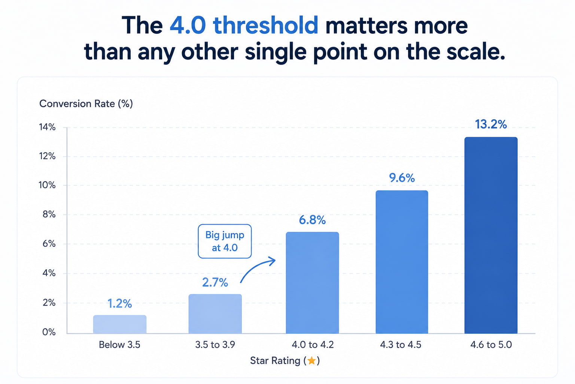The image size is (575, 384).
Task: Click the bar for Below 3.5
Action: pyautogui.click(x=120, y=324)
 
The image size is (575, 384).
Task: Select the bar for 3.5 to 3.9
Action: pyautogui.click(x=215, y=314)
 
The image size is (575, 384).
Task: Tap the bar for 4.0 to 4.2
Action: pyautogui.click(x=313, y=283)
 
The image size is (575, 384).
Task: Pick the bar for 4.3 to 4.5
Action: pyautogui.click(x=402, y=262)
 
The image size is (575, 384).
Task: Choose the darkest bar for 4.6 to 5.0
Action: pyautogui.click(x=491, y=235)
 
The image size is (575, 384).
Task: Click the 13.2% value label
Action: pyautogui.click(x=491, y=124)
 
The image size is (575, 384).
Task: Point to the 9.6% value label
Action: pyautogui.click(x=402, y=178)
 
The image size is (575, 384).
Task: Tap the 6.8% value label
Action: pyautogui.click(x=312, y=220)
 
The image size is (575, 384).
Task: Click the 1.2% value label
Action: pyautogui.click(x=120, y=303)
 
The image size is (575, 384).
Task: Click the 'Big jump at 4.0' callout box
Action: pyautogui.click(x=225, y=241)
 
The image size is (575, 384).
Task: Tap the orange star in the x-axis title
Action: pyautogui.click(x=311, y=361)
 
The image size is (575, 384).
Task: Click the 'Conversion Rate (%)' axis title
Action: pyautogui.click(x=86, y=103)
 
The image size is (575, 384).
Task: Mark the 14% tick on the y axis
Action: pyautogui.click(x=47, y=127)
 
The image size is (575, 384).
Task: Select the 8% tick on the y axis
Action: pyautogui.click(x=49, y=214)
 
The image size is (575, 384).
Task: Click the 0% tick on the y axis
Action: pyautogui.click(x=49, y=332)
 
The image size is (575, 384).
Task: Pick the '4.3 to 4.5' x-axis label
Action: pyautogui.click(x=401, y=345)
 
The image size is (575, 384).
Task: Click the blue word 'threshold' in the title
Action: pyautogui.click(x=266, y=25)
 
